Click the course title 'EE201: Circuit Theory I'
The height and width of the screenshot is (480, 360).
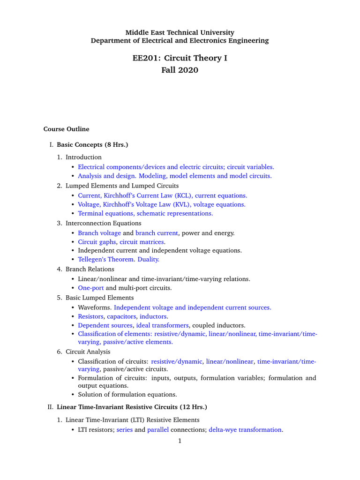[180, 58]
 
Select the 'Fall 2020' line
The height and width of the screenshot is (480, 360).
[180, 70]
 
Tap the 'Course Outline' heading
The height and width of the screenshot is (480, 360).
[66, 129]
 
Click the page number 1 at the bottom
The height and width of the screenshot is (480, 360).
[179, 441]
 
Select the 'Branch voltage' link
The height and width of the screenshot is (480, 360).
[99, 233]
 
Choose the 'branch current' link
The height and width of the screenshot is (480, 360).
[157, 233]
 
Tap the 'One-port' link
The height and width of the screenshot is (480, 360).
[90, 288]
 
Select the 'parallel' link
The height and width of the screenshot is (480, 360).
[158, 430]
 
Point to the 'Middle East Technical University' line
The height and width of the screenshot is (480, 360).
[180, 32]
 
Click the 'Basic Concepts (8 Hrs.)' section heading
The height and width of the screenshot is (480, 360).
[92, 145]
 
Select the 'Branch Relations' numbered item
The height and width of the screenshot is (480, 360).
[90, 270]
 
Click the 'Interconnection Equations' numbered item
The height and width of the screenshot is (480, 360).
[103, 223]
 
